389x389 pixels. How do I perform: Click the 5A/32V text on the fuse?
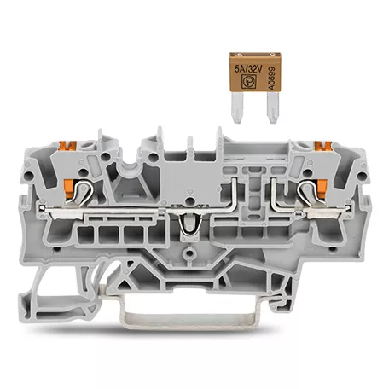(248, 69)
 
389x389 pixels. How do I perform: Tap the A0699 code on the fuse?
(271, 78)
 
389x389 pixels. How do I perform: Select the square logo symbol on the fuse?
(247, 81)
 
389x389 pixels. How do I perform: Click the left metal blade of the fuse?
(238, 107)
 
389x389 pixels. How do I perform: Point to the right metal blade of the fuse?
(273, 107)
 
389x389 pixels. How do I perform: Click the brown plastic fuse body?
(255, 72)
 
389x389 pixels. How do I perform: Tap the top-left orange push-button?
(67, 146)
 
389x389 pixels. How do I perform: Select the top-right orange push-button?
(323, 146)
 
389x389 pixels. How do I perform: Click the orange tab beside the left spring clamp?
(69, 188)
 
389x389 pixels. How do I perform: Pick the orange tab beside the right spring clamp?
(322, 188)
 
